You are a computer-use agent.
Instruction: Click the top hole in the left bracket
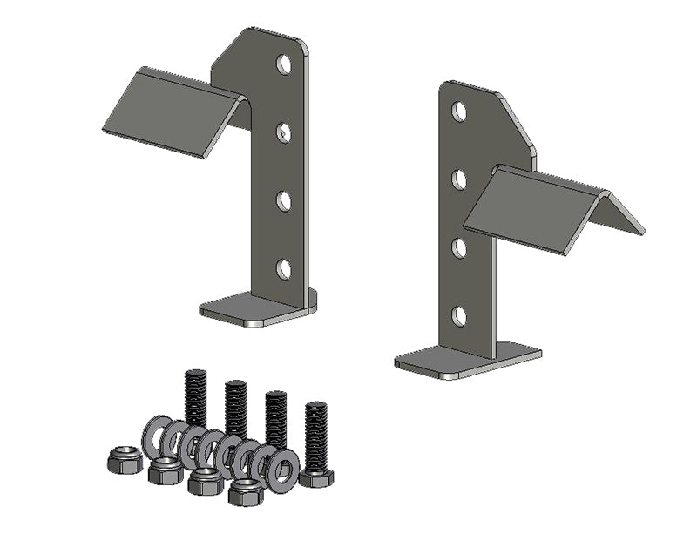284,64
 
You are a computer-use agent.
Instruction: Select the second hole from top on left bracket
284,132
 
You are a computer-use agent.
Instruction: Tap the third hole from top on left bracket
284,200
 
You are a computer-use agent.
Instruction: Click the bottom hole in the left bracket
284,268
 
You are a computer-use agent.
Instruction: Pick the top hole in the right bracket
459,112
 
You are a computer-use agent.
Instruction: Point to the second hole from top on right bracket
459,179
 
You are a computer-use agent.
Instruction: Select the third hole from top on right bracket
459,247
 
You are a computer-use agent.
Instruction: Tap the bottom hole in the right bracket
459,315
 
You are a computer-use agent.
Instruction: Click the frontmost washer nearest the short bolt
282,471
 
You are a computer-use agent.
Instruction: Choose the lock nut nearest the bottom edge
246,492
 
